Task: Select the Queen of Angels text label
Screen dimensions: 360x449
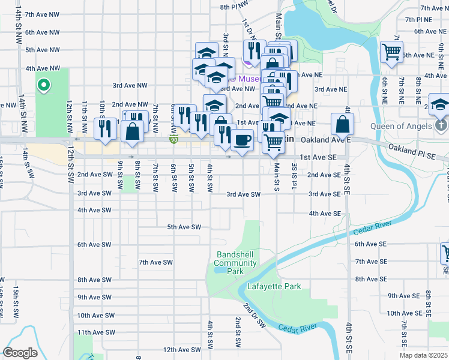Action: pyautogui.click(x=402, y=126)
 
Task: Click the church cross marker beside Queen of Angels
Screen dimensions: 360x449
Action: pyautogui.click(x=441, y=125)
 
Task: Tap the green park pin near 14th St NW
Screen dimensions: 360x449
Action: pyautogui.click(x=43, y=85)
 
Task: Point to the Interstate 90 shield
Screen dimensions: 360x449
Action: pyautogui.click(x=173, y=140)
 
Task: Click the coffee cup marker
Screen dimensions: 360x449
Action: pyautogui.click(x=242, y=140)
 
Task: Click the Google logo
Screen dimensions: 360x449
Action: pyautogui.click(x=20, y=353)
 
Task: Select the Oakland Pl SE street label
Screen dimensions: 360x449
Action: pyautogui.click(x=411, y=151)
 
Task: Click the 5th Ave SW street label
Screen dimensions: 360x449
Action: pyautogui.click(x=183, y=227)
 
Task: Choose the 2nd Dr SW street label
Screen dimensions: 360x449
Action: pyautogui.click(x=254, y=314)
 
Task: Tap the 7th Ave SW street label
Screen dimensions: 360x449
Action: pyautogui.click(x=155, y=262)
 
